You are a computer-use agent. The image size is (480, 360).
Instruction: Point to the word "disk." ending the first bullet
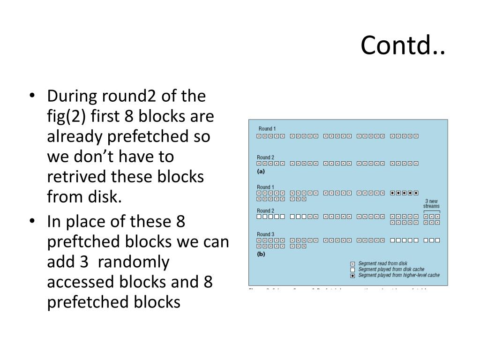(x=105, y=197)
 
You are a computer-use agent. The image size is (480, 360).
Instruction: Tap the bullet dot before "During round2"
(x=32, y=97)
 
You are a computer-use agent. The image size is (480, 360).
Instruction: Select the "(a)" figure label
(x=262, y=172)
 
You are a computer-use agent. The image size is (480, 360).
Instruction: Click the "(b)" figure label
(x=262, y=254)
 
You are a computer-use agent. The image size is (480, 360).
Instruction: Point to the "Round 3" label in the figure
(x=265, y=234)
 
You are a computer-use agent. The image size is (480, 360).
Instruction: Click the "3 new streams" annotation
(x=431, y=203)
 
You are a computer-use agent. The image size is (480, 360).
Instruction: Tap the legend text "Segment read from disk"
(x=382, y=263)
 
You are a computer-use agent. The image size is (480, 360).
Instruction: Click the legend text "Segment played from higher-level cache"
(x=399, y=276)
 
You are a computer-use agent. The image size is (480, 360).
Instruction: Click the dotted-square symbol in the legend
(x=352, y=276)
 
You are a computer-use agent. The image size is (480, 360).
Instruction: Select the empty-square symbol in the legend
(x=352, y=270)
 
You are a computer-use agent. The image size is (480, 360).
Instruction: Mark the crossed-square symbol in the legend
(x=352, y=263)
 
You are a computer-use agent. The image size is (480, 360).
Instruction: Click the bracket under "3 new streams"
(x=431, y=211)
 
